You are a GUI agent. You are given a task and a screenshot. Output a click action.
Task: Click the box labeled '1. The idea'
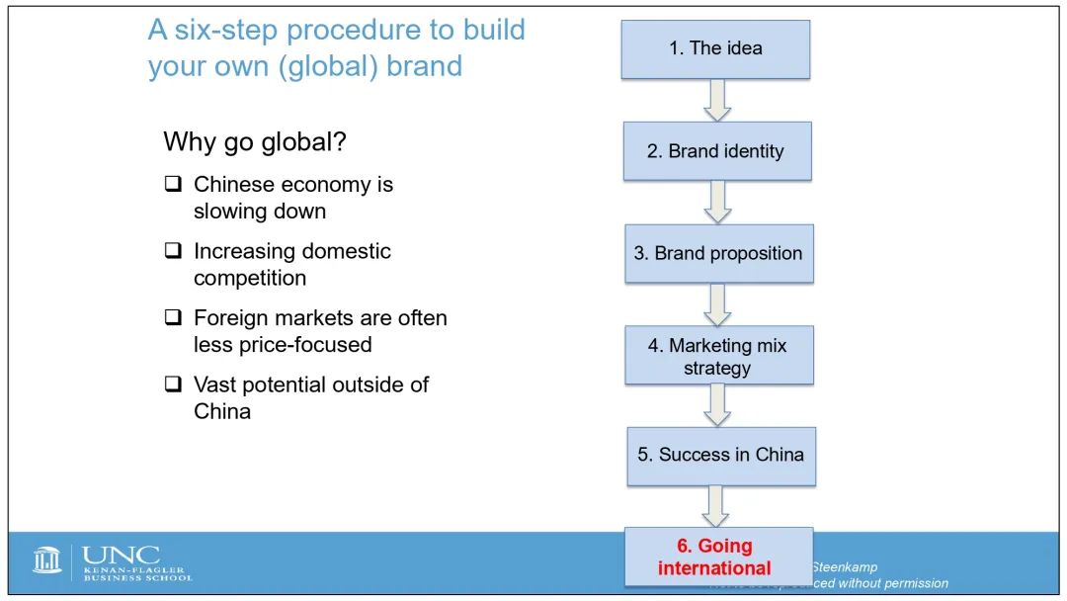pos(715,48)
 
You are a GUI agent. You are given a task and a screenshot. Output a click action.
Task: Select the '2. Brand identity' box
pos(717,151)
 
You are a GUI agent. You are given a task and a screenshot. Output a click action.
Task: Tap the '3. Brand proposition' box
pos(718,253)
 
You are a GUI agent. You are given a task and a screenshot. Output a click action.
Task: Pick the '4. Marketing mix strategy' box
pos(718,356)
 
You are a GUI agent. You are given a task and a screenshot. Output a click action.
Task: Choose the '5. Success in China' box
pos(721,455)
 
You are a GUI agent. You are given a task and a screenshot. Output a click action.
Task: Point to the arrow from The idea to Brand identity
pos(716,100)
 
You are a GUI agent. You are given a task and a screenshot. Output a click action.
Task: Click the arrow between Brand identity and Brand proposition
pos(717,202)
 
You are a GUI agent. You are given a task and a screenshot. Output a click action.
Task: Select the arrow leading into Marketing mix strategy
pos(717,304)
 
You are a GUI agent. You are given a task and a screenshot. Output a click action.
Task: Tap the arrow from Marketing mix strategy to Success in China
pos(717,405)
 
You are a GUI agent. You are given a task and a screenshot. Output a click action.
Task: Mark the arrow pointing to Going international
pos(715,506)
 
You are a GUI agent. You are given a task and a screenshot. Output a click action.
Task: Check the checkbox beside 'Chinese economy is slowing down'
pos(173,185)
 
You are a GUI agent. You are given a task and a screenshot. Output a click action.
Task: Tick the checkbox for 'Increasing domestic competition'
pos(173,251)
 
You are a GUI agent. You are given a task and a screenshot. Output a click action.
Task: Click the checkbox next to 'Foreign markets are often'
pos(173,318)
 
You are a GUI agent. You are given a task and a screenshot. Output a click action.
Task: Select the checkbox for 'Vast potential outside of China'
pos(173,385)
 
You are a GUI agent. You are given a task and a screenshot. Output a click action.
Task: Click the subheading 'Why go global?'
pos(254,141)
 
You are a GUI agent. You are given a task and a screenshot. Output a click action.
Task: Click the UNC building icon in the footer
pos(47,560)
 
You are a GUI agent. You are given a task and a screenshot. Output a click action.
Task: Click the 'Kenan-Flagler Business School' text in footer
pos(137,573)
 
